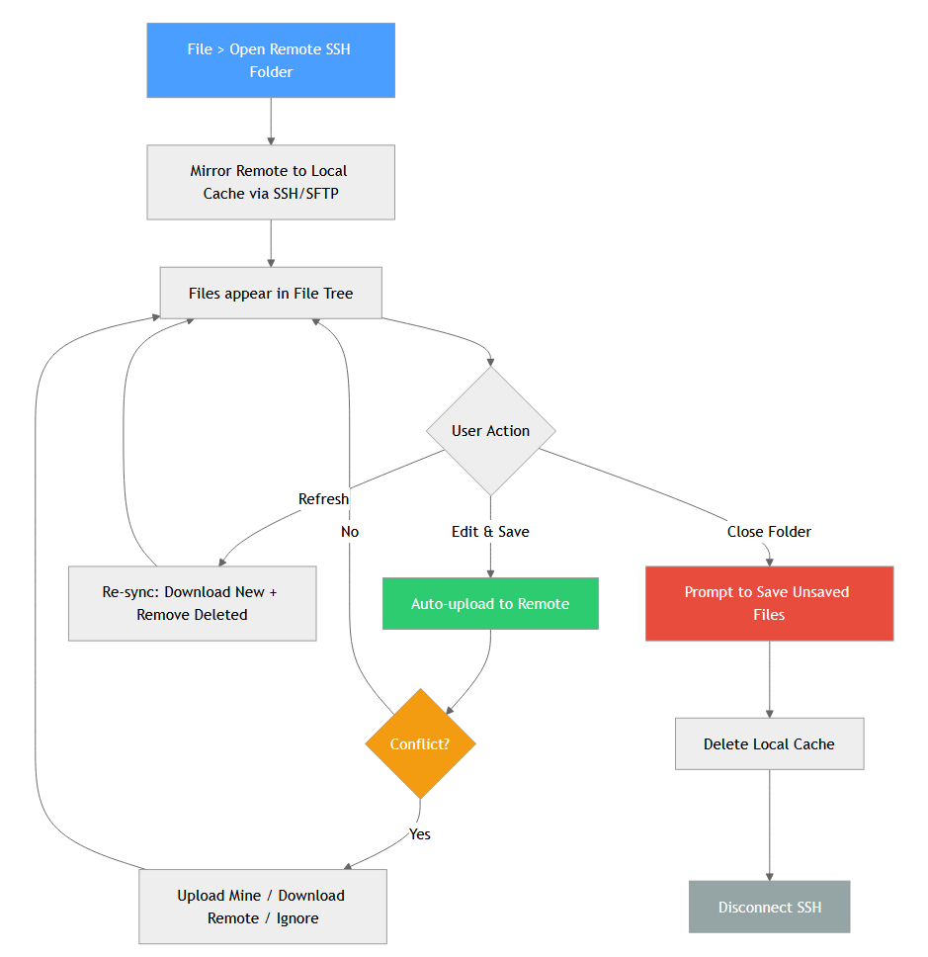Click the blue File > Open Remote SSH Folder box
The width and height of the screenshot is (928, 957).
(271, 60)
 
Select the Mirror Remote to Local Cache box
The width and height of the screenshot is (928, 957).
(271, 182)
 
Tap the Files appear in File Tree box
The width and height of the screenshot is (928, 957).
(271, 293)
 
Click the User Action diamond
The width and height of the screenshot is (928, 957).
(491, 431)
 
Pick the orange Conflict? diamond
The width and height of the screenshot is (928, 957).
(420, 743)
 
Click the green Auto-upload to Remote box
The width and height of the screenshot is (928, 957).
(490, 603)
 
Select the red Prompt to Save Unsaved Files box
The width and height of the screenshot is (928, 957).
(769, 603)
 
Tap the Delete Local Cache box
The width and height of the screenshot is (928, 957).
(769, 743)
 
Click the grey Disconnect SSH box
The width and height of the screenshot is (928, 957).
(769, 907)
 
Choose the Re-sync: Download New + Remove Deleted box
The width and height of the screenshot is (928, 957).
(192, 603)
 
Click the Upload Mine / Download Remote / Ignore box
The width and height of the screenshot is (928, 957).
(262, 907)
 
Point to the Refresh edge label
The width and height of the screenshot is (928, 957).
(323, 499)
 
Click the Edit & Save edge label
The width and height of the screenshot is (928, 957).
(490, 532)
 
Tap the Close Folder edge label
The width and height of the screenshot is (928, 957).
(769, 532)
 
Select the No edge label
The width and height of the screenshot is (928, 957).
(350, 532)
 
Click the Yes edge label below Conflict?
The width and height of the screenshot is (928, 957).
(420, 834)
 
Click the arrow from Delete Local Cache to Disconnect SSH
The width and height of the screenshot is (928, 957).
(769, 826)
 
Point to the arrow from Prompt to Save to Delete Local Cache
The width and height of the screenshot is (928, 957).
(769, 680)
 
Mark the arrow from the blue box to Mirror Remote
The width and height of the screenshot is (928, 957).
(271, 122)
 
